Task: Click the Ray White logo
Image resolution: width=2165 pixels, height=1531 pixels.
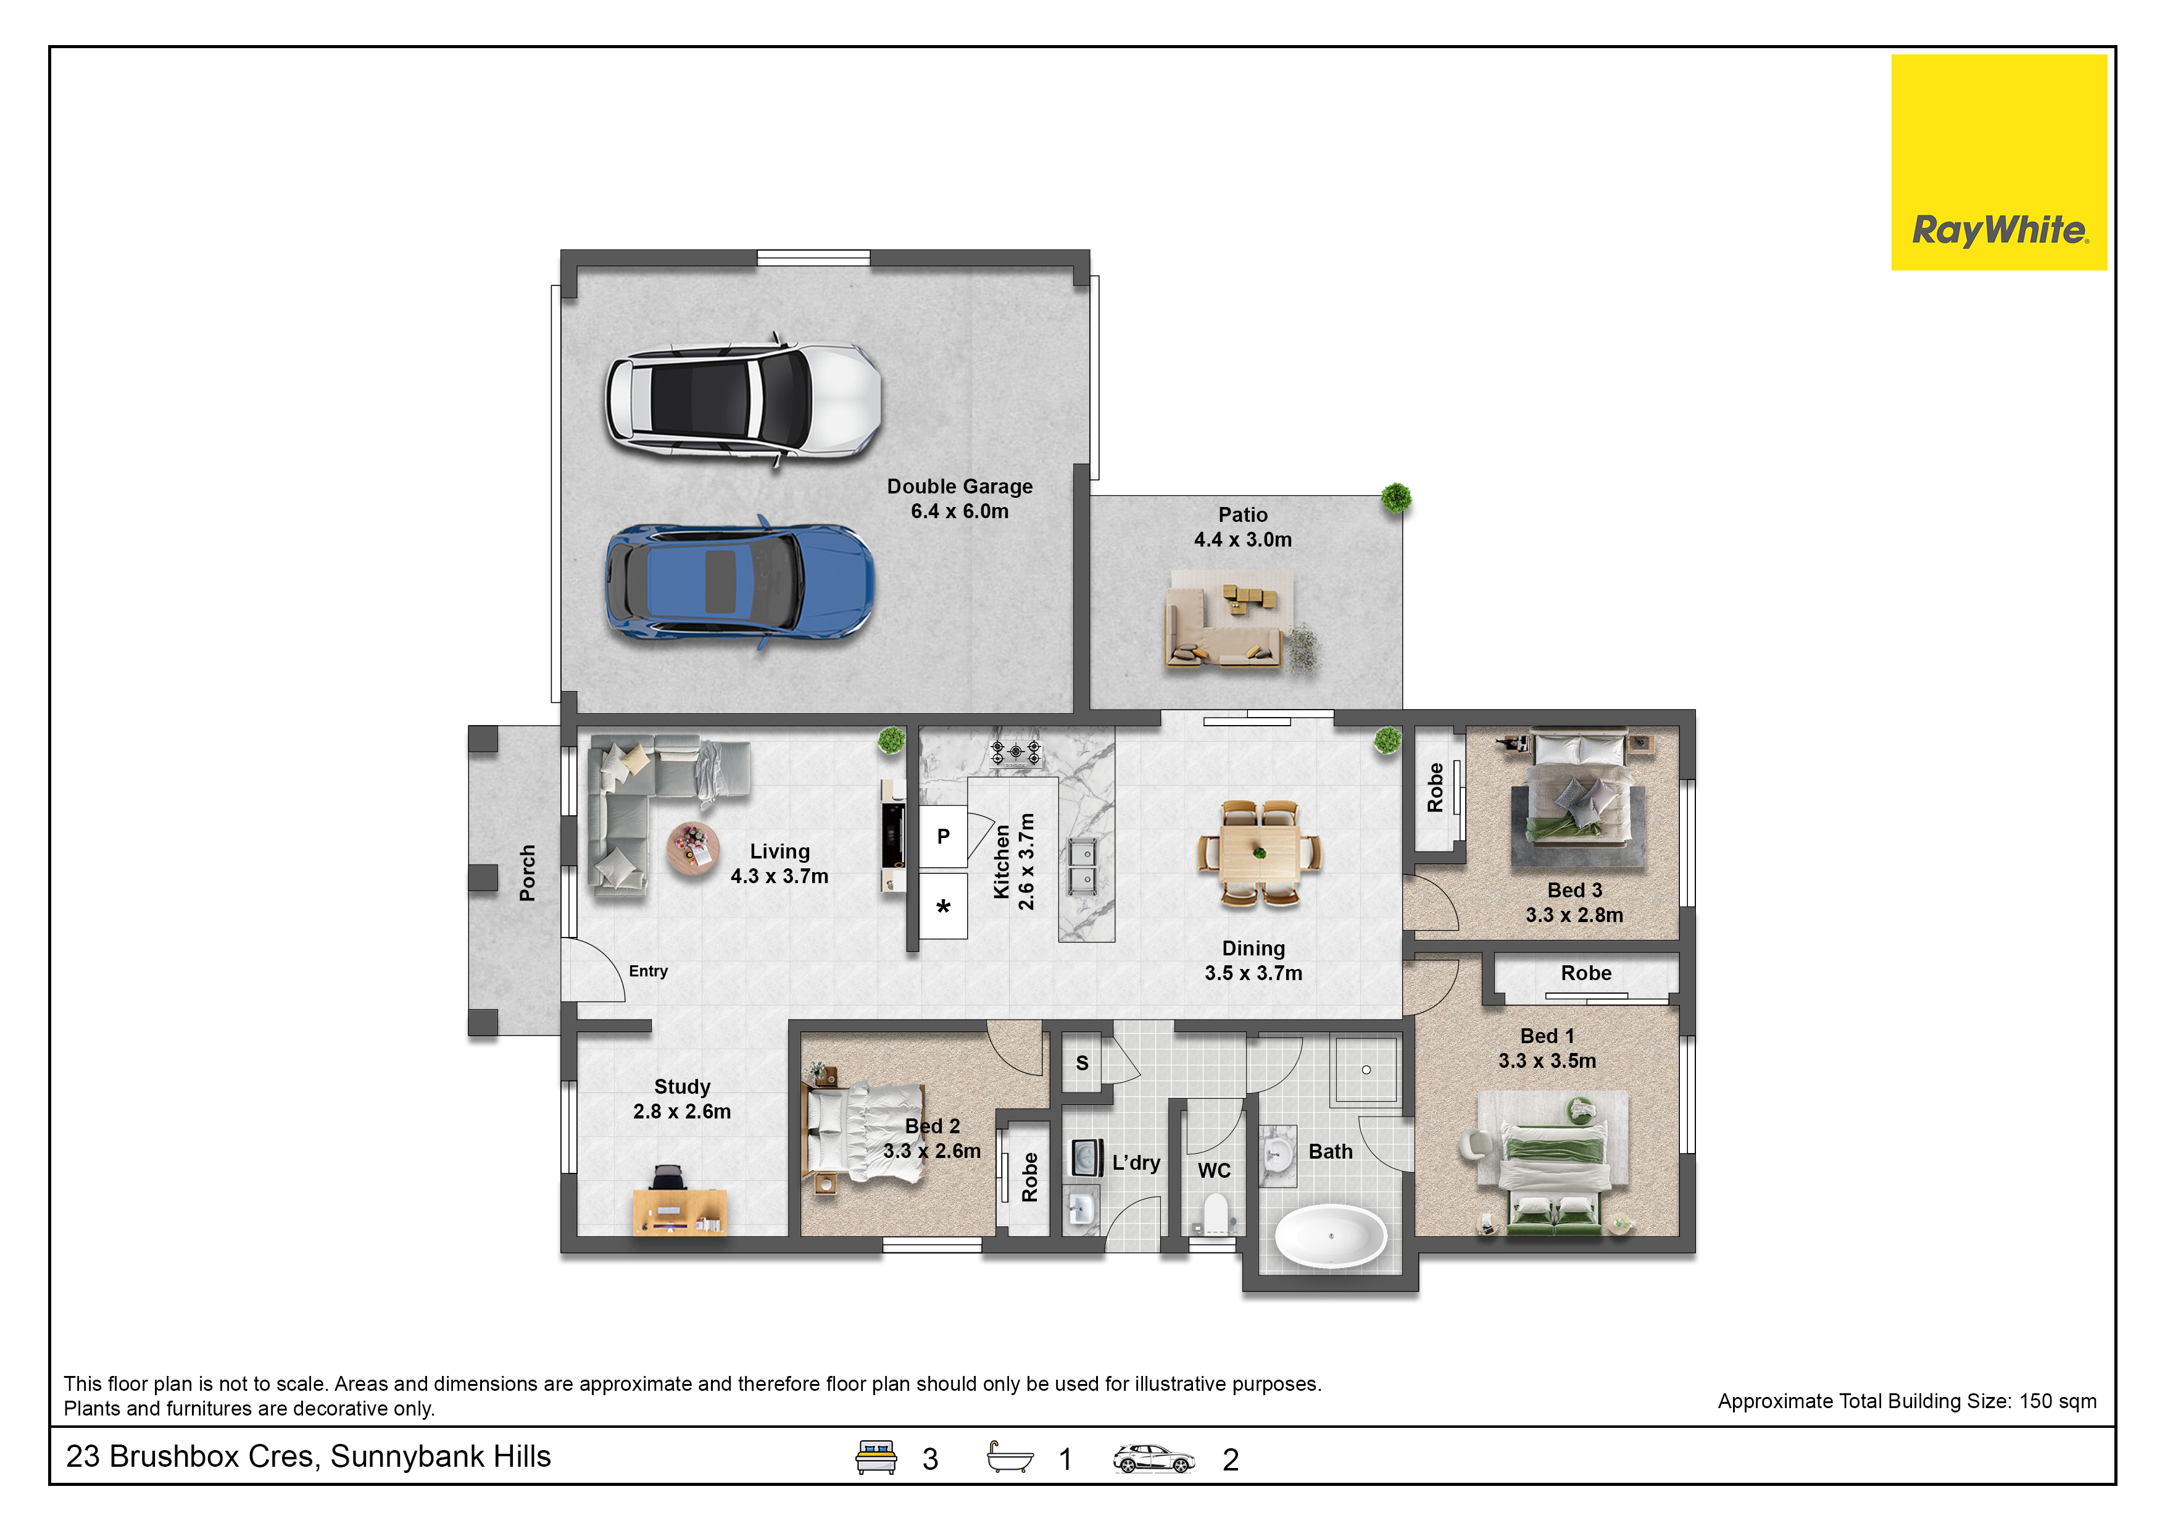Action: point(1998,162)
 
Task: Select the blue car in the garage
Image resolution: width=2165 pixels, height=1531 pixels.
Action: point(739,581)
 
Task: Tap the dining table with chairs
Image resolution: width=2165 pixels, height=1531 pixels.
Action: point(1259,854)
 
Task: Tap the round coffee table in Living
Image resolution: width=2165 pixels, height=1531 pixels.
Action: point(693,848)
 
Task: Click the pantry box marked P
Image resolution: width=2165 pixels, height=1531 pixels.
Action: point(943,837)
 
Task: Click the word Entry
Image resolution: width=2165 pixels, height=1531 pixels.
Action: point(648,971)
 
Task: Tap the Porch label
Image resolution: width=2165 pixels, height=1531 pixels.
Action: point(527,873)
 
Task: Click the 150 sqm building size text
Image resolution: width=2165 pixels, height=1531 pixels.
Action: point(1906,1401)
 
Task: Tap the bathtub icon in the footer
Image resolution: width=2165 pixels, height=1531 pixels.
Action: point(1009,1458)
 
